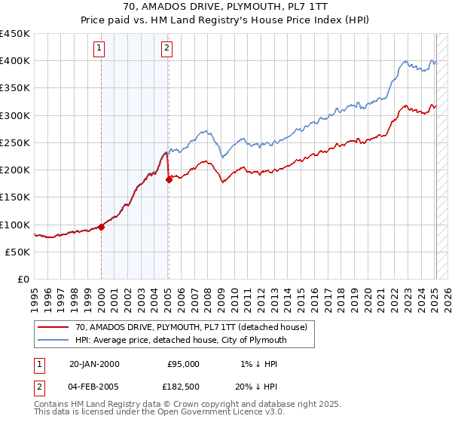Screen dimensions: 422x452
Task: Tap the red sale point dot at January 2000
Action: pos(101,227)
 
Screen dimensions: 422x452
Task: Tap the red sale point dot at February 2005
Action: pos(169,179)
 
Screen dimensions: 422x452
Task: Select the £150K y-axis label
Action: pos(15,197)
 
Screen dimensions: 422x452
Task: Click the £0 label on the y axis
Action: pos(23,280)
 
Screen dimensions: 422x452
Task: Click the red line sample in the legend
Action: pos(53,328)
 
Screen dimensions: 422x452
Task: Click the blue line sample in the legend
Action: pos(53,341)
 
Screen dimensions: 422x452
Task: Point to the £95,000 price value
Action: pos(182,364)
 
